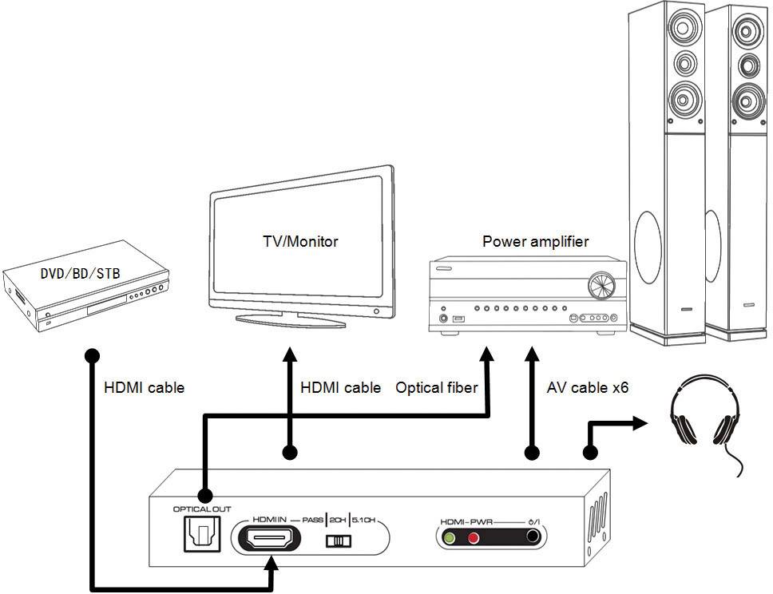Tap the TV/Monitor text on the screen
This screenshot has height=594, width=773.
(300, 241)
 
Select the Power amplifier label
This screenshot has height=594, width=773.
(536, 241)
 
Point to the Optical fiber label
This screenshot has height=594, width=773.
(437, 388)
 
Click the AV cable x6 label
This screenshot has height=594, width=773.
(588, 388)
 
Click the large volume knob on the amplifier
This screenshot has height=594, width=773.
(602, 283)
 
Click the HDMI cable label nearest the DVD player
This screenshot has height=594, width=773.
(145, 388)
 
